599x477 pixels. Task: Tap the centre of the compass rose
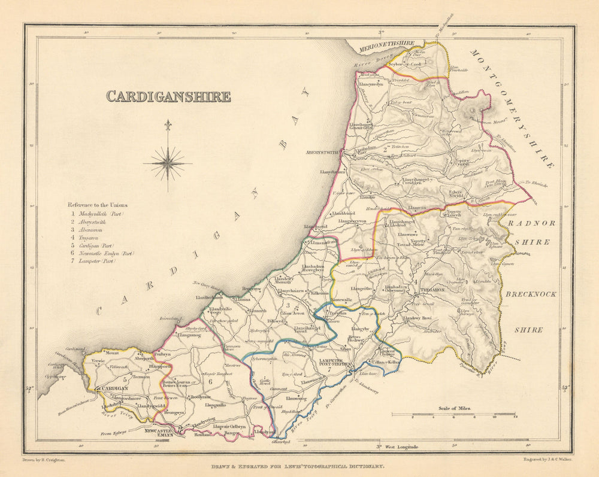[x=168, y=163]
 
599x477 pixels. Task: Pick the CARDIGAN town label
[x=113, y=388]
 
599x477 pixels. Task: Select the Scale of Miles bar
[x=454, y=414]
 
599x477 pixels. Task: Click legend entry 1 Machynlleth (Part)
[x=102, y=213]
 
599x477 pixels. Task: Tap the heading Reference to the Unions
[x=98, y=205]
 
